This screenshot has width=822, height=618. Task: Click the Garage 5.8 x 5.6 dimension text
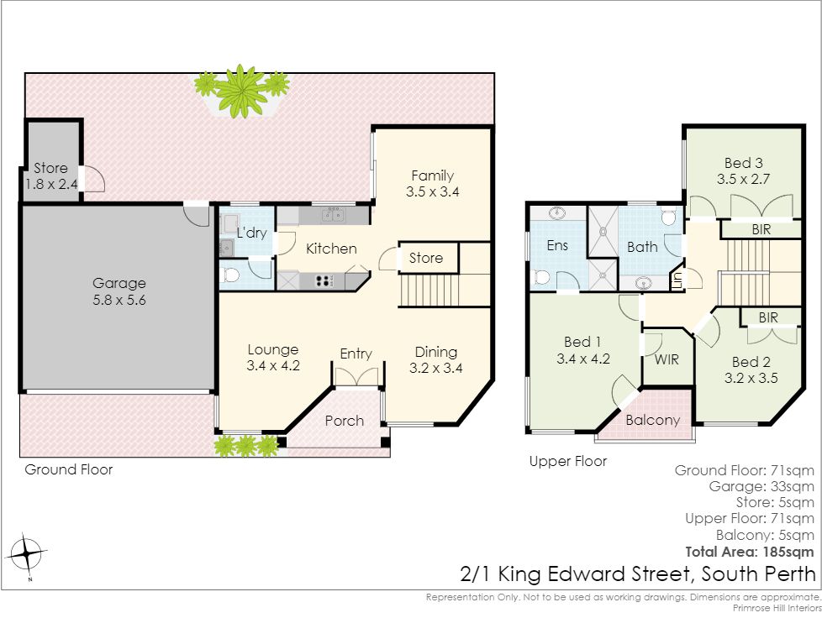click(x=119, y=300)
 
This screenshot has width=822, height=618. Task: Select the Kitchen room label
click(x=331, y=249)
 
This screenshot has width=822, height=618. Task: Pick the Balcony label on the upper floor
click(x=653, y=420)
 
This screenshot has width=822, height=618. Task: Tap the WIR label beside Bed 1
click(x=667, y=359)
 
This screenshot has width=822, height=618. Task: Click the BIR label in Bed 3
click(x=761, y=229)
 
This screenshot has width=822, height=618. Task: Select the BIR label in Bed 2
click(x=768, y=317)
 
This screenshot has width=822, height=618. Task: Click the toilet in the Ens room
click(x=540, y=277)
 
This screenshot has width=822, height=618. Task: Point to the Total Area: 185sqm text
click(x=750, y=552)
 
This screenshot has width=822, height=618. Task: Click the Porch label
click(x=345, y=421)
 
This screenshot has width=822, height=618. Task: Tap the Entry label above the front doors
click(x=356, y=354)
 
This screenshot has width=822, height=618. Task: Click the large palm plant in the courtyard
click(x=242, y=92)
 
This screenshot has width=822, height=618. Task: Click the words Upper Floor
click(x=567, y=462)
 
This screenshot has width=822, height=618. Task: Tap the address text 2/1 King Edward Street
click(x=577, y=574)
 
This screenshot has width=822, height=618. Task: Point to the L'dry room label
click(x=251, y=233)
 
